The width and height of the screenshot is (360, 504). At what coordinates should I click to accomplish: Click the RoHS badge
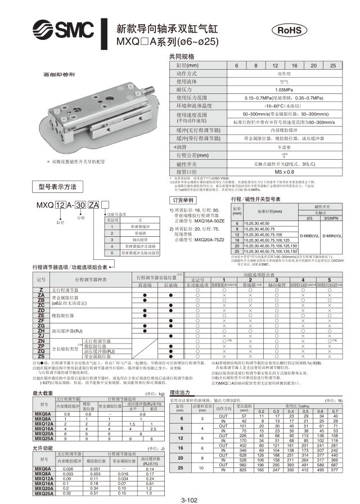click(x=291, y=30)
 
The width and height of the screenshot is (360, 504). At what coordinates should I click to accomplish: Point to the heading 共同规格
click(x=182, y=57)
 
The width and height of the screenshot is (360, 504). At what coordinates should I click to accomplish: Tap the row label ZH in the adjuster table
click(x=41, y=330)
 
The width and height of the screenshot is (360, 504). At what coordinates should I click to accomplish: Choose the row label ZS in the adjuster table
click(x=41, y=357)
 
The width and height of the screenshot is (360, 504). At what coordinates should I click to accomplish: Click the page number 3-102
click(x=188, y=499)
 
